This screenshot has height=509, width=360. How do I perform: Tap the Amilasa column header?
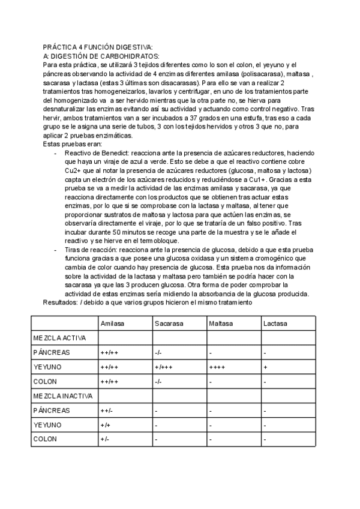coord(112,324)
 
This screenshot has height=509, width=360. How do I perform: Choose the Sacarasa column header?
coord(169,324)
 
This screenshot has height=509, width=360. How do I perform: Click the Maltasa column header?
coord(221,324)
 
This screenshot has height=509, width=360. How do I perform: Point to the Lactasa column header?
coord(275,324)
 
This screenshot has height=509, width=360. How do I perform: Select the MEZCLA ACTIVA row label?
coord(59,338)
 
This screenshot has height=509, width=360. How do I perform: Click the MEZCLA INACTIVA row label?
coord(62,396)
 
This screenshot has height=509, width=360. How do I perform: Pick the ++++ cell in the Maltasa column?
coord(217,367)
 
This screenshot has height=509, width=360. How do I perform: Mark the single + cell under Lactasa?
coord(265,367)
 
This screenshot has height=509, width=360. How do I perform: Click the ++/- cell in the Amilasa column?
coord(107,411)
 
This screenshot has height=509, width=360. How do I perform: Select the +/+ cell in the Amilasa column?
coord(105,425)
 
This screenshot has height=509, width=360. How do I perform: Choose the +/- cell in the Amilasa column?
coord(105,439)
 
